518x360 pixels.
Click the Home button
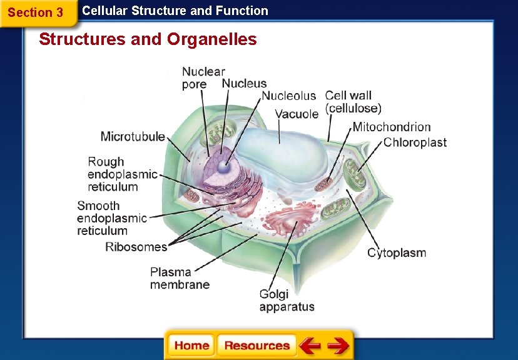[191, 346]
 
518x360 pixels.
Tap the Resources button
[256, 346]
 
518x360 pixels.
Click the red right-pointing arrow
[338, 346]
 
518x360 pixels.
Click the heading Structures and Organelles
[148, 39]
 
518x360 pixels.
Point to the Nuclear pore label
[203, 78]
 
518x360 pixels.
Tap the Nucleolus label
[288, 96]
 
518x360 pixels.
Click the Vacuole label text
[297, 114]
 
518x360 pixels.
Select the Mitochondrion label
[392, 127]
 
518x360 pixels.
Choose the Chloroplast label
[415, 142]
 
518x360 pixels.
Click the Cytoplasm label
[397, 253]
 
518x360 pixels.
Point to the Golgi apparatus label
[287, 301]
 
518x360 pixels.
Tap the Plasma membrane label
[180, 278]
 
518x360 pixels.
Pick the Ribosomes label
[136, 247]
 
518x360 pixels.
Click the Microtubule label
[133, 136]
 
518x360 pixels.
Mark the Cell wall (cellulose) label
[353, 102]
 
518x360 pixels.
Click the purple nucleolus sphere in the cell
[223, 166]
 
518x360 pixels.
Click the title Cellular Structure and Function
[175, 11]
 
